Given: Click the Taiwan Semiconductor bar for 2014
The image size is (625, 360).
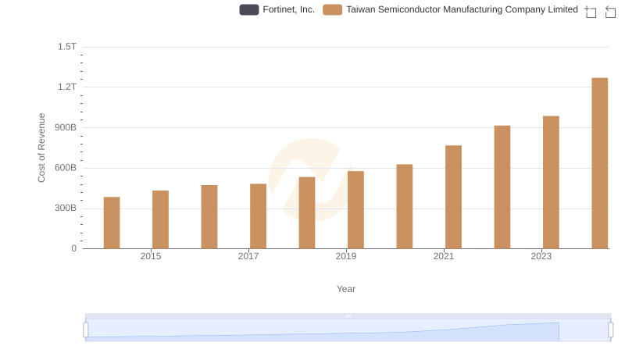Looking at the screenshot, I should [112, 223].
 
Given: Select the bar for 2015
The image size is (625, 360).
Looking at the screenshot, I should [160, 219].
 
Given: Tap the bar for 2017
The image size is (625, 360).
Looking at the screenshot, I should [258, 216].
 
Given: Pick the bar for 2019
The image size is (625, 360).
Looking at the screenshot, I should [355, 209].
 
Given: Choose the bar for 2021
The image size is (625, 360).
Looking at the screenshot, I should [453, 197].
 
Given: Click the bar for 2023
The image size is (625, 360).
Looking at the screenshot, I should [551, 182].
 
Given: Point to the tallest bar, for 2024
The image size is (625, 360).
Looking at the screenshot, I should [599, 163].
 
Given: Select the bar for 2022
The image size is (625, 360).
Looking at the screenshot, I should [502, 187].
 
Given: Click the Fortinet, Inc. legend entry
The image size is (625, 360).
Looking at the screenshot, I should [277, 10].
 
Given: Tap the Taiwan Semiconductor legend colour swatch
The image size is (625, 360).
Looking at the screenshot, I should [333, 10].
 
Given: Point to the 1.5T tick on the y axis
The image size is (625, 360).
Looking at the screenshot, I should [67, 47].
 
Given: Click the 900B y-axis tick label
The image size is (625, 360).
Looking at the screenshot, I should [63, 127].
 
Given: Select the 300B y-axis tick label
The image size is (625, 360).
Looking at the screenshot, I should [63, 209].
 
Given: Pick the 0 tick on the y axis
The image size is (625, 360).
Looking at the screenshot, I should [73, 248].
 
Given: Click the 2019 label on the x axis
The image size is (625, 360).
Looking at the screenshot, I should [346, 256].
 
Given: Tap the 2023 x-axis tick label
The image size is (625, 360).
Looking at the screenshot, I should [541, 256].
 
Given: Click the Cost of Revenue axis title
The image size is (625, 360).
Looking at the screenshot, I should [42, 148].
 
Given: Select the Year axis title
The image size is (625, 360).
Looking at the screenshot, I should [346, 289].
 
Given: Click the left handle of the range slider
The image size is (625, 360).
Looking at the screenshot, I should [86, 330].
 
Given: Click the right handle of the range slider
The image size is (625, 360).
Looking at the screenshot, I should [611, 330].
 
